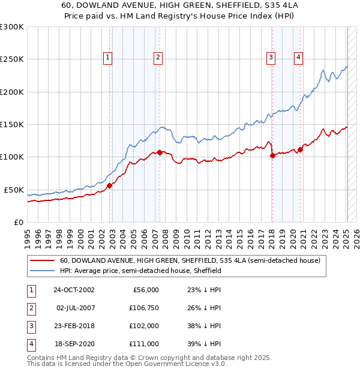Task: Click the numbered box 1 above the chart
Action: [107, 58]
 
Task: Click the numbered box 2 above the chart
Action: [157, 58]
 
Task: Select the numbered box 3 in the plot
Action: [271, 58]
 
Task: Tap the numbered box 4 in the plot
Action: [298, 58]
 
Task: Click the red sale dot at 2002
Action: [110, 185]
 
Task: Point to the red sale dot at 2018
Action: [272, 155]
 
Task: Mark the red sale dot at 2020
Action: [300, 150]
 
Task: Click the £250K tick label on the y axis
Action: [12, 59]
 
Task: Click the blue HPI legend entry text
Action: [141, 271]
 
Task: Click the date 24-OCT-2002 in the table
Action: [74, 290]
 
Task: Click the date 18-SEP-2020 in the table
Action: [74, 344]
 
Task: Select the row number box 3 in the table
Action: [31, 326]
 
